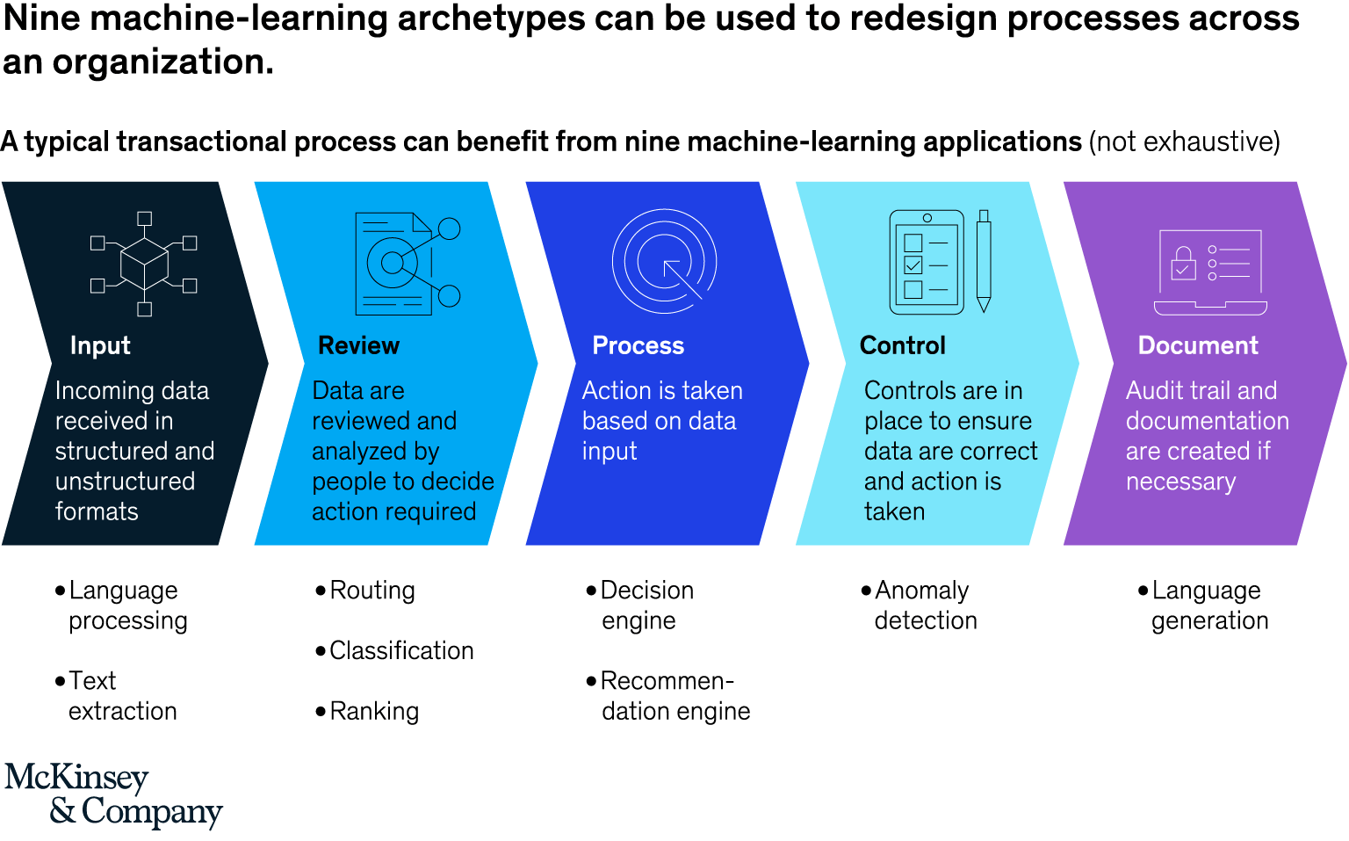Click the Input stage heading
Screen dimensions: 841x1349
pos(100,345)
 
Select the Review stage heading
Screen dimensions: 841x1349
pos(358,345)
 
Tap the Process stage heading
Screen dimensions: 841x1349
pos(638,345)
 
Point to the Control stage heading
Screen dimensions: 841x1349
pos(902,345)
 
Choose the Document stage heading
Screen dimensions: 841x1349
pos(1197,345)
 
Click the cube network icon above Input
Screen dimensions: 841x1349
pos(144,263)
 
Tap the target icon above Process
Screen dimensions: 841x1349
pos(664,261)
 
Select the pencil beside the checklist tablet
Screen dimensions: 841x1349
pos(984,261)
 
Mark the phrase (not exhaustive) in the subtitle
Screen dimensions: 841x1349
pos(1184,141)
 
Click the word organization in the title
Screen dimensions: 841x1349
pos(162,62)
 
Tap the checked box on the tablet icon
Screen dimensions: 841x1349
pos(913,265)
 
